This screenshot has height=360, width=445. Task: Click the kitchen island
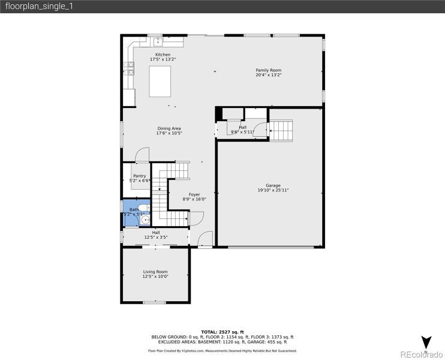[160, 82]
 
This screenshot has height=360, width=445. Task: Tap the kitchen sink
[158, 41]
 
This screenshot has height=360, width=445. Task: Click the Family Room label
[268, 70]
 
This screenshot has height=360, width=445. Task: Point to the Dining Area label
[169, 128]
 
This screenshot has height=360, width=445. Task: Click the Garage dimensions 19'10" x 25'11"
[273, 190]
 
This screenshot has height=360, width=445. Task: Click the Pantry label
[139, 176]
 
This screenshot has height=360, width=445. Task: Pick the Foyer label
[194, 194]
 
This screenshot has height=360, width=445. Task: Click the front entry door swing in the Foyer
[205, 238]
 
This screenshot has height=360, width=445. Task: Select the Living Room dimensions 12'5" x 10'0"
[155, 277]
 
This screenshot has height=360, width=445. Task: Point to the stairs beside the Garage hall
[281, 130]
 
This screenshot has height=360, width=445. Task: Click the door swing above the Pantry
[142, 155]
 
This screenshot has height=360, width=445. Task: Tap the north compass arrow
[426, 343]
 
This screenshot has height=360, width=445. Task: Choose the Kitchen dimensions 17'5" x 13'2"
[163, 59]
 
